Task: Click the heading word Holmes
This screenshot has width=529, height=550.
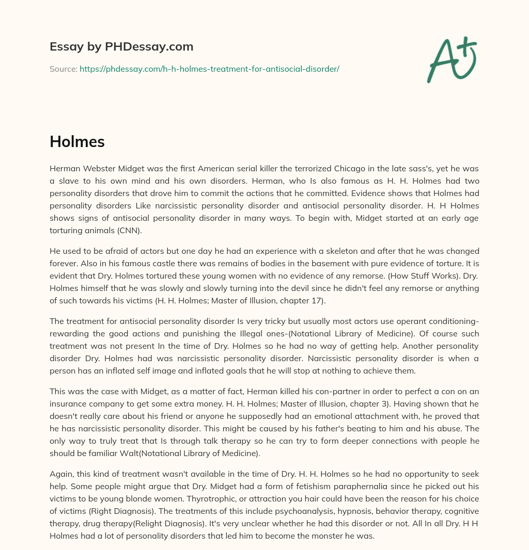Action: click(x=77, y=142)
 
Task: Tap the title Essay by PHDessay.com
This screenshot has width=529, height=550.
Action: click(x=121, y=47)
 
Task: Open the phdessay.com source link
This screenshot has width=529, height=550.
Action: click(x=209, y=69)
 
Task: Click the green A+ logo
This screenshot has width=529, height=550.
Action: click(x=452, y=59)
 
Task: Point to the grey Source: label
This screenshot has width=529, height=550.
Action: click(x=63, y=69)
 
